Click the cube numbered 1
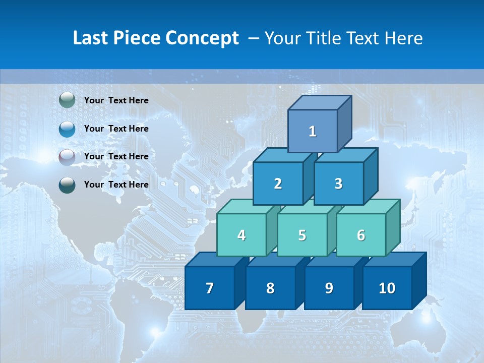tap(313, 131)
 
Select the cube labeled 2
tap(278, 184)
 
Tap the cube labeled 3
tap(338, 184)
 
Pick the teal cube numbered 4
tap(241, 235)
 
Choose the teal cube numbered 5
tap(302, 235)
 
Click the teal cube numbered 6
tap(360, 235)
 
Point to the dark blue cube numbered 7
tap(210, 288)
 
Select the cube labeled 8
tap(270, 288)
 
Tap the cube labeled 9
tap(329, 288)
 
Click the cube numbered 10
tap(387, 288)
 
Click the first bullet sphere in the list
tap(67, 100)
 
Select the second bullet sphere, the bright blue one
tap(67, 129)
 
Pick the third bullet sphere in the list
tap(67, 157)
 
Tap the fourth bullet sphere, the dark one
tap(67, 185)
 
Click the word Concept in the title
tap(202, 38)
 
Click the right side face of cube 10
tap(419, 281)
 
